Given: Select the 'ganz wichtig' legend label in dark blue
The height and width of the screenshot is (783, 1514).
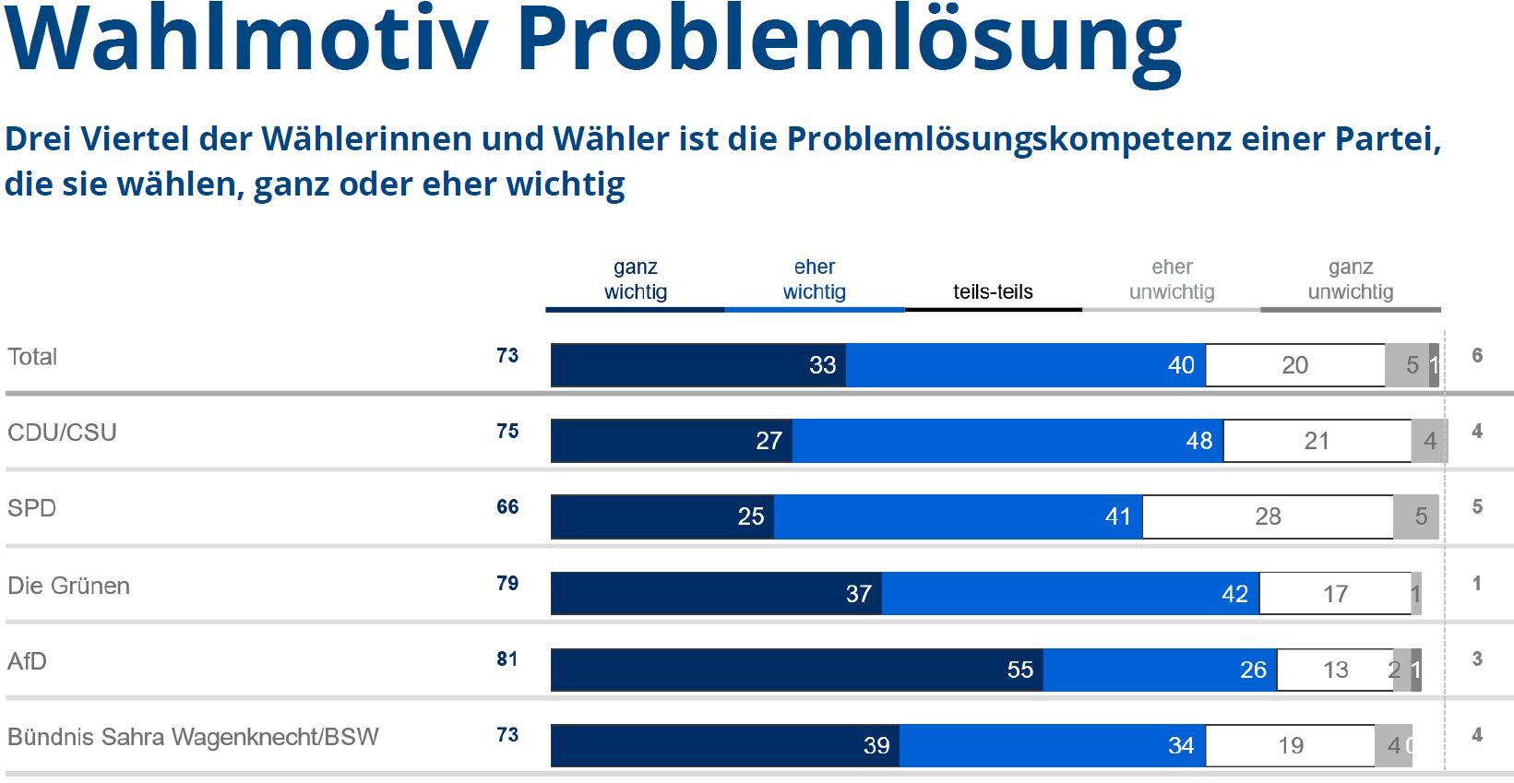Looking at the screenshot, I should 635,279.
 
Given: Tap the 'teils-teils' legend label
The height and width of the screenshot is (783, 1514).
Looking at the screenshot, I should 993,291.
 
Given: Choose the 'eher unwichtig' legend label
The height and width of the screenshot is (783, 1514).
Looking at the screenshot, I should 1172,279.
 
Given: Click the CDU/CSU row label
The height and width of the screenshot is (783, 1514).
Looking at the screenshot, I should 62,433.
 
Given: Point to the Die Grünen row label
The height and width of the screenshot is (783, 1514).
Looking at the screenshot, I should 68,586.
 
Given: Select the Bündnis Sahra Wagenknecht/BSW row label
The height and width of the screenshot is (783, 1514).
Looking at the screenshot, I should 193,737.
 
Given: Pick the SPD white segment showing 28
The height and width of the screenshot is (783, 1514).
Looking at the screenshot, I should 1268,516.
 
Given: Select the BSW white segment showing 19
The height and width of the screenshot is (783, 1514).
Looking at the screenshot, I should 1290,745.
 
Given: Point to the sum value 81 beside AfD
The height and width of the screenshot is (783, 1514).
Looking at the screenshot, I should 507,659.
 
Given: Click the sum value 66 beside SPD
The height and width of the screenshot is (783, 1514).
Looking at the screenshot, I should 507,507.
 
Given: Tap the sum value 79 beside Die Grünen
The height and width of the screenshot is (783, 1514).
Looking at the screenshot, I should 507,584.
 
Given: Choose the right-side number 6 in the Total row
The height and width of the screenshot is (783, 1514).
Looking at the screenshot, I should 1477,356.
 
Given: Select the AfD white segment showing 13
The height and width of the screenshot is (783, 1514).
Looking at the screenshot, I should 1335,670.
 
